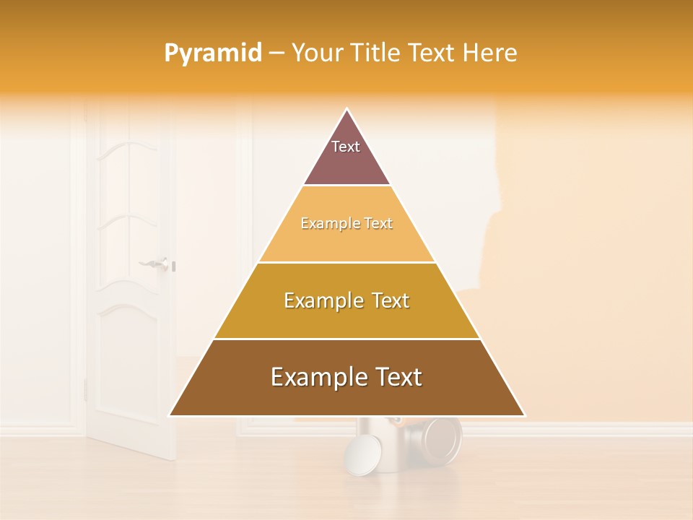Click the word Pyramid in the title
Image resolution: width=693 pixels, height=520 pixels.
pyautogui.click(x=213, y=53)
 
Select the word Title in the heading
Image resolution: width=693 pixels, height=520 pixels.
pyautogui.click(x=377, y=53)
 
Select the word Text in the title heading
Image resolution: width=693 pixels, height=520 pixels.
pyautogui.click(x=434, y=53)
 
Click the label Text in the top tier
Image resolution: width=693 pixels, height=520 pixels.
pyautogui.click(x=346, y=147)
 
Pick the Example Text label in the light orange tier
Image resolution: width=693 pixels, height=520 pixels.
pyautogui.click(x=346, y=224)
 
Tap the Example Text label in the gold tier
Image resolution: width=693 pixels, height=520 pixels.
pyautogui.click(x=346, y=300)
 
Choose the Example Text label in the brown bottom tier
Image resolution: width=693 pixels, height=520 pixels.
pyautogui.click(x=346, y=377)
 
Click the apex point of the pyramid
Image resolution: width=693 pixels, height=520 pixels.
pyautogui.click(x=347, y=109)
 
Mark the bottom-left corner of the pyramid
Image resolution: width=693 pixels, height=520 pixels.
pyautogui.click(x=170, y=415)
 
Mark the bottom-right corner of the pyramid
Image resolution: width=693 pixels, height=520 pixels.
pyautogui.click(x=524, y=415)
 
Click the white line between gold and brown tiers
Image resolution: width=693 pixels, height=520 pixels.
pyautogui.click(x=346, y=339)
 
